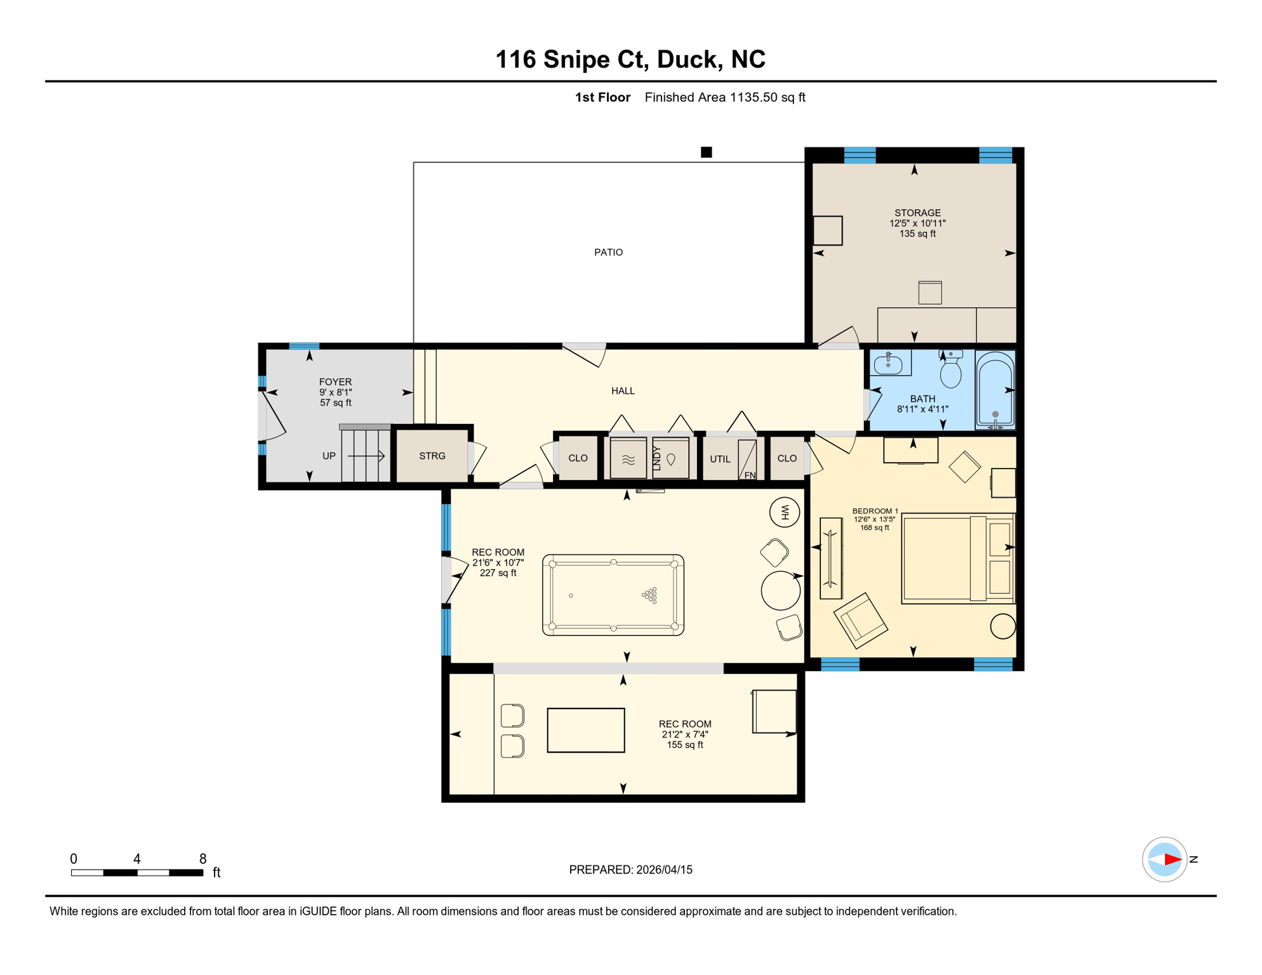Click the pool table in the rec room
[613, 595]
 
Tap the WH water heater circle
[785, 512]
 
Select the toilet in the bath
[950, 369]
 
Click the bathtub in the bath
[995, 390]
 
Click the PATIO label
[608, 253]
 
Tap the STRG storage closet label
[432, 456]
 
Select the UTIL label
[720, 459]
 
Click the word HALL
[623, 391]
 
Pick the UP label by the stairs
[329, 456]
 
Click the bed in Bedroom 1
[958, 558]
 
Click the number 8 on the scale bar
[203, 859]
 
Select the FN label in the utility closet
[750, 475]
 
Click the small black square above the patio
[707, 152]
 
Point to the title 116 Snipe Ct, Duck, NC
[630, 59]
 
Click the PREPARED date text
[630, 870]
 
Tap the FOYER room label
[335, 382]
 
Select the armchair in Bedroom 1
[861, 620]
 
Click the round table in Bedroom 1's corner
[1003, 627]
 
